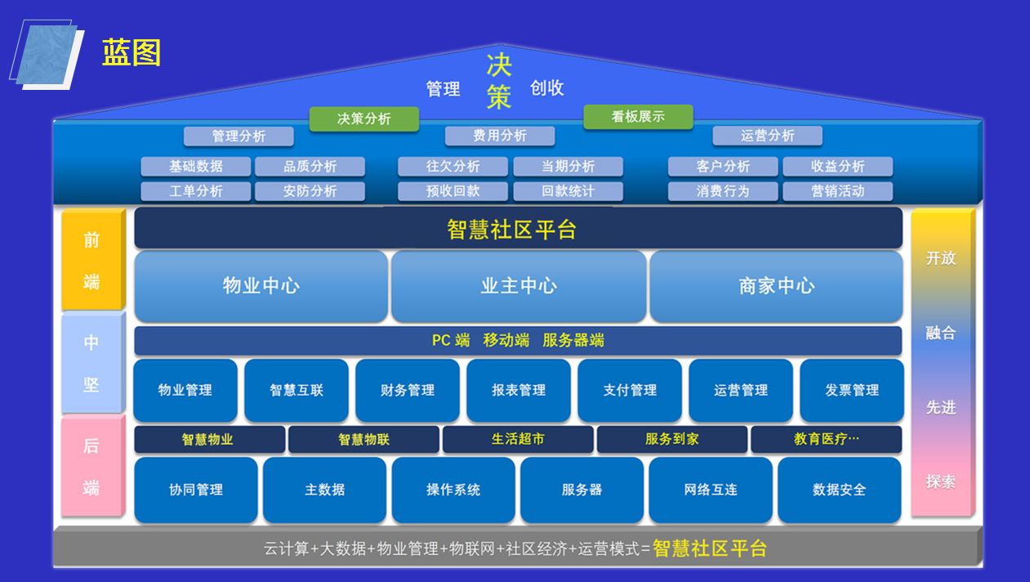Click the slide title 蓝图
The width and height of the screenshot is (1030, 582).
point(132,53)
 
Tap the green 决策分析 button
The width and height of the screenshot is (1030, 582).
point(363,119)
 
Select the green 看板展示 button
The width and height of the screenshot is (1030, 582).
point(638,117)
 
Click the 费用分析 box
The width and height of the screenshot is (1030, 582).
point(500,136)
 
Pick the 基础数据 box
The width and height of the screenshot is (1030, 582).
point(196,167)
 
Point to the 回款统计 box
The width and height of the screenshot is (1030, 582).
point(568,191)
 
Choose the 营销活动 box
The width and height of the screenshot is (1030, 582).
point(837,191)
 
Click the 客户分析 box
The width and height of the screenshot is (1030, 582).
point(723,167)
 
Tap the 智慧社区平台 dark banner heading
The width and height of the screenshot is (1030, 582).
point(518,229)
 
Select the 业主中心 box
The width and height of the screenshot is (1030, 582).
point(519,286)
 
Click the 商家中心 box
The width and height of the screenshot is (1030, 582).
point(776,286)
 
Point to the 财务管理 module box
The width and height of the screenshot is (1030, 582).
point(408,391)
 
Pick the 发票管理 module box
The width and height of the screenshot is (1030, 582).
point(852,391)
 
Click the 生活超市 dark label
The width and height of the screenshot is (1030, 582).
point(518,440)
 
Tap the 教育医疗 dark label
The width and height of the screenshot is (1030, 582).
point(826,440)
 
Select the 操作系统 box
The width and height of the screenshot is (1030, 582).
point(453,490)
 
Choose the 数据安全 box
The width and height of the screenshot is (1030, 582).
point(839,490)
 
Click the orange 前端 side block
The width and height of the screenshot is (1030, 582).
point(91,261)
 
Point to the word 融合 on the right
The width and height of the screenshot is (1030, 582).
point(941,333)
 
